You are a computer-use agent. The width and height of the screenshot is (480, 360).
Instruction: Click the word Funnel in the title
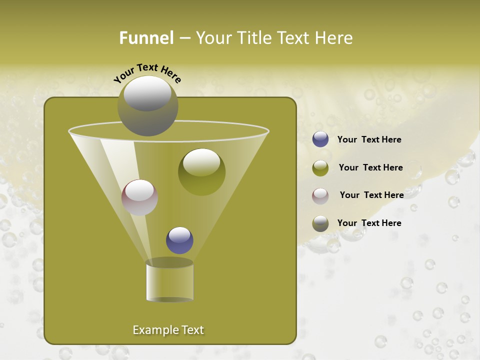(146, 37)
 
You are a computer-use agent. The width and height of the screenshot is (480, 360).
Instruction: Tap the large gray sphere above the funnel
(147, 106)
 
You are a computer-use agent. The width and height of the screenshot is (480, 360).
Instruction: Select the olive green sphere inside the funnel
(201, 172)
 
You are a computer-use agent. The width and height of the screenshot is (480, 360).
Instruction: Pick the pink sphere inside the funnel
(139, 197)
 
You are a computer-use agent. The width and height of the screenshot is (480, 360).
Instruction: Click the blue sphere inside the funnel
(179, 240)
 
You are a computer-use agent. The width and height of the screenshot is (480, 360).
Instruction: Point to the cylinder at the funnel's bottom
(170, 283)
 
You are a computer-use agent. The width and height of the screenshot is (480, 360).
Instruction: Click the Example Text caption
(168, 330)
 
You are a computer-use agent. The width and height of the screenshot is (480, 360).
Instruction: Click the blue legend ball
(320, 139)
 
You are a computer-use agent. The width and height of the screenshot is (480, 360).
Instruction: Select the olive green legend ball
(320, 168)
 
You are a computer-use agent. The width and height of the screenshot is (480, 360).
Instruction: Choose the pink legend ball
(320, 196)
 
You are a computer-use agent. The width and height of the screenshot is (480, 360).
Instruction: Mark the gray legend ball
(320, 223)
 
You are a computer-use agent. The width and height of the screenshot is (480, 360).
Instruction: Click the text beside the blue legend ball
(369, 139)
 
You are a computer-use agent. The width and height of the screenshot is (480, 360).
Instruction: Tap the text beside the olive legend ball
(370, 167)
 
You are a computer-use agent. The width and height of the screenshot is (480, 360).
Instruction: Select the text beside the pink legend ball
(371, 195)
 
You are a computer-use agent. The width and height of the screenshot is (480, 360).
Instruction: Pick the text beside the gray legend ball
(369, 223)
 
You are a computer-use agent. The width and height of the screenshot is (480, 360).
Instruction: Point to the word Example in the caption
(154, 330)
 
